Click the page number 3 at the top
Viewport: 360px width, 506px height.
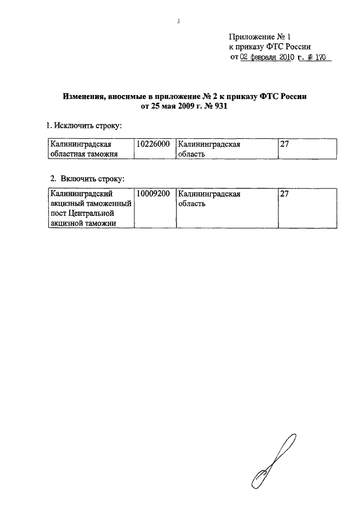coord(178,21)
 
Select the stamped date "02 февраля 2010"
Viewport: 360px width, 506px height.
coord(264,57)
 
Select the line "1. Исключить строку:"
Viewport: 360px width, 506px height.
coord(84,124)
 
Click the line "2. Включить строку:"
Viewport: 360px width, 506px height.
coord(87,178)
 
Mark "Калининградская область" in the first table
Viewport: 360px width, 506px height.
coord(209,150)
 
